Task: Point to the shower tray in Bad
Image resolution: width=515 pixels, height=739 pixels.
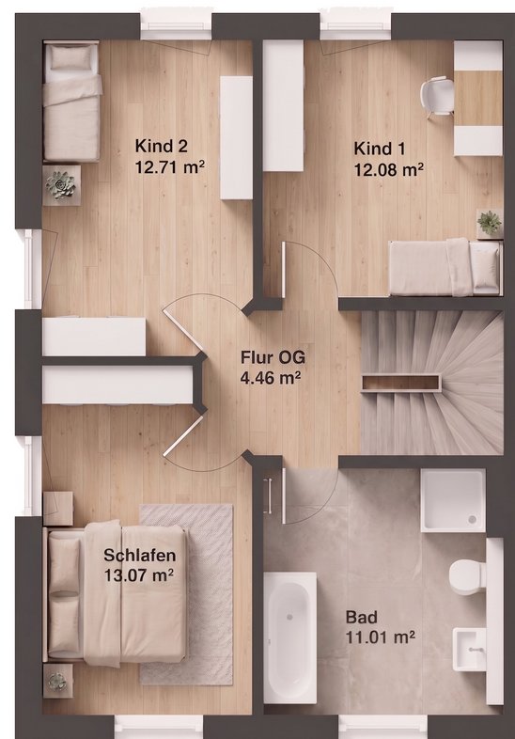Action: tap(453, 500)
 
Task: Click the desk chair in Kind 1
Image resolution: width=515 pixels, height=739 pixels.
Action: tap(437, 97)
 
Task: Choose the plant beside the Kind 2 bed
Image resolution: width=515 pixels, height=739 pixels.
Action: tap(61, 184)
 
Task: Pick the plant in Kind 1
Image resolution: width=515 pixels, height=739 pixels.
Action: tap(489, 222)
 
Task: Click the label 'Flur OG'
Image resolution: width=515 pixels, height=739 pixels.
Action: tap(273, 356)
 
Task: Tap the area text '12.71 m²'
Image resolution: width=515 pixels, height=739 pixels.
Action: tap(169, 166)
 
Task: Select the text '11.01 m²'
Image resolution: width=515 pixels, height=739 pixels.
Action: tap(381, 637)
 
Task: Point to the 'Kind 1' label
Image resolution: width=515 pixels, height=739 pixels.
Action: tap(379, 149)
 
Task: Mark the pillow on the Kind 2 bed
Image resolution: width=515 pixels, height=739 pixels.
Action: tap(70, 58)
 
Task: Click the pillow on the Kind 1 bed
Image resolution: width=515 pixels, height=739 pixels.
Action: tap(484, 267)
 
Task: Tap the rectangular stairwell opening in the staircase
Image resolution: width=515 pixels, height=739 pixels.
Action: tap(400, 383)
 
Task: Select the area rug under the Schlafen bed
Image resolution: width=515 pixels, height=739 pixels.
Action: tap(187, 594)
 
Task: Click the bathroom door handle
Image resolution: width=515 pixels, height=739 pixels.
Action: tap(269, 496)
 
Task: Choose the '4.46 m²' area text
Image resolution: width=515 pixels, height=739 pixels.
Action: tap(271, 378)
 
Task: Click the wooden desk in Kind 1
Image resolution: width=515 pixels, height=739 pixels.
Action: tap(478, 98)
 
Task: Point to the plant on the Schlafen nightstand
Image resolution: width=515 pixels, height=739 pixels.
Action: tap(58, 681)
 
